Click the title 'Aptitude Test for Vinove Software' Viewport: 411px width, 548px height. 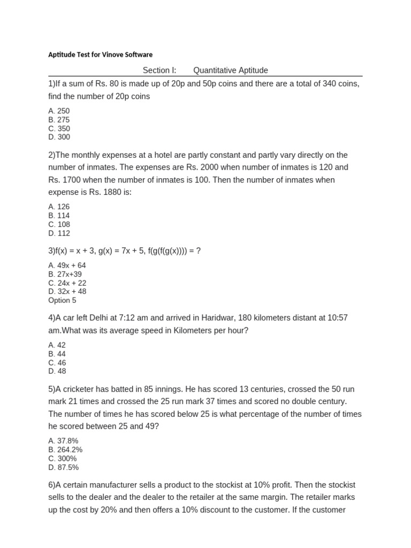tap(100, 55)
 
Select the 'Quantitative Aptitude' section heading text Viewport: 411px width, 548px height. tap(230, 70)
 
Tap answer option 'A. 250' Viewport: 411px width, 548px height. tap(59, 111)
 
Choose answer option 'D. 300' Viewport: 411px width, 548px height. tap(59, 137)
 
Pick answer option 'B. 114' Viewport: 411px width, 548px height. tap(59, 216)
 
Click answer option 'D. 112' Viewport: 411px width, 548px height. tap(59, 233)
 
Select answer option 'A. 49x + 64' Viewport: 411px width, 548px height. tap(67, 265)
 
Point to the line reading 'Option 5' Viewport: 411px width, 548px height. tap(62, 300)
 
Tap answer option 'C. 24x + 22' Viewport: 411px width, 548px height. tap(67, 283)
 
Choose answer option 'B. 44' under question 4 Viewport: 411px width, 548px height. tap(57, 354)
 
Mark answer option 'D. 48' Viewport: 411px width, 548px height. tap(57, 371)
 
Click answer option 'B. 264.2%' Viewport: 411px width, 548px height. tap(65, 450)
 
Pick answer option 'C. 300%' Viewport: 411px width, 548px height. tap(62, 459)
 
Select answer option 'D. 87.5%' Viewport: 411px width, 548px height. tap(63, 467)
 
